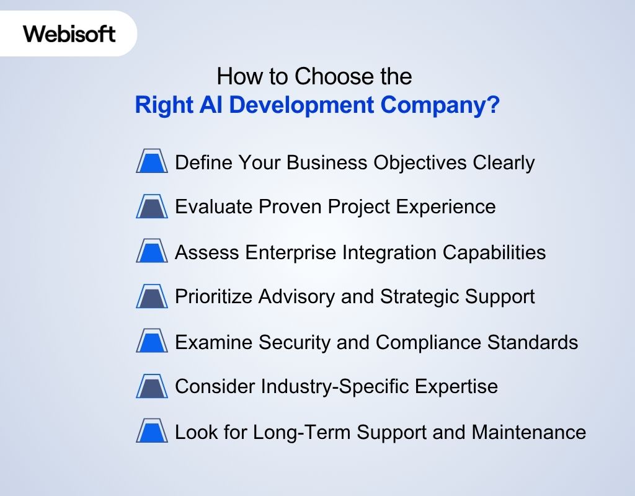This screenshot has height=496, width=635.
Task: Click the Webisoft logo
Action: (69, 33)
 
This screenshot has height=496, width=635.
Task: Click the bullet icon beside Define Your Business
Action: (152, 162)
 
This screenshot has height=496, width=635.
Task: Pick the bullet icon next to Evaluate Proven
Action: (152, 207)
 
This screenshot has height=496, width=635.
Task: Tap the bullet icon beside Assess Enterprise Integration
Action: (152, 252)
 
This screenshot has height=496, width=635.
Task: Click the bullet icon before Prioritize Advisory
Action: (152, 297)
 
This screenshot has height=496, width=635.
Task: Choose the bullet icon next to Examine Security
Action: (152, 342)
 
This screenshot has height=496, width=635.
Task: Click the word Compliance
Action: (432, 342)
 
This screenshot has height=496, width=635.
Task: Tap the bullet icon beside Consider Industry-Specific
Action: (152, 387)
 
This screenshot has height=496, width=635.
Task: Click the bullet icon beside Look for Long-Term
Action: (152, 432)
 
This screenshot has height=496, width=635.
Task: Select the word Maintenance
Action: (529, 432)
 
